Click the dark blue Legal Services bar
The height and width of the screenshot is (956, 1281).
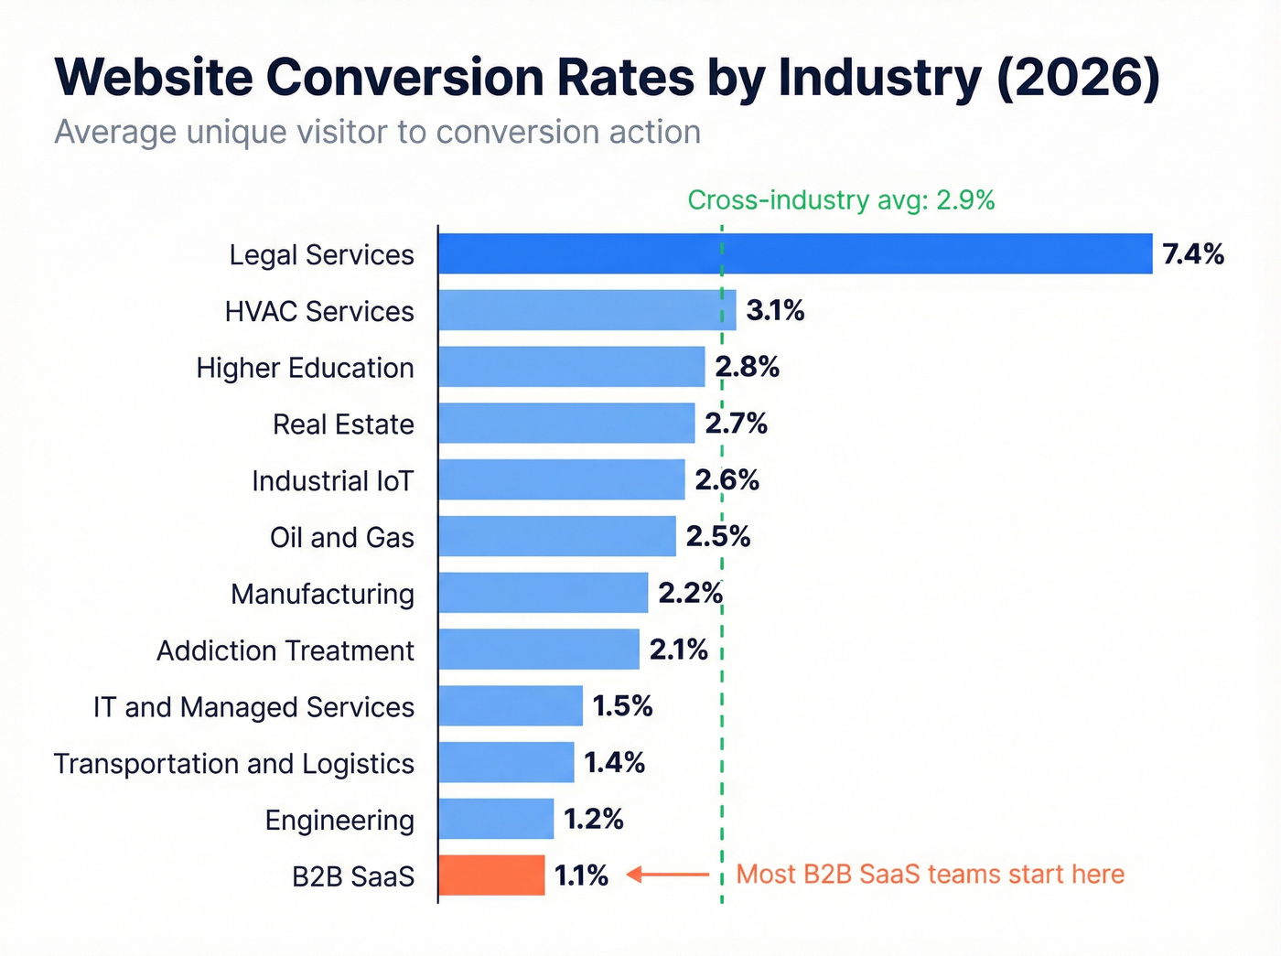(794, 253)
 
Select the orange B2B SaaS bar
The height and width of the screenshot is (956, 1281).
(491, 875)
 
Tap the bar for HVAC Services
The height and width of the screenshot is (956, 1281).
(586, 310)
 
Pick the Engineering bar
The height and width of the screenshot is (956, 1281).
(496, 819)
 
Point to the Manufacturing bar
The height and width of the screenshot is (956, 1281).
(543, 593)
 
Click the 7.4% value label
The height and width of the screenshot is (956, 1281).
(1192, 254)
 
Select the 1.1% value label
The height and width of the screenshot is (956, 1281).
(581, 875)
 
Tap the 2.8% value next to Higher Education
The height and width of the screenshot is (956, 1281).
(747, 367)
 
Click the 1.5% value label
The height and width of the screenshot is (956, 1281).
(622, 705)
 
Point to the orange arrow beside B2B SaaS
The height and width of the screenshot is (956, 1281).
(668, 875)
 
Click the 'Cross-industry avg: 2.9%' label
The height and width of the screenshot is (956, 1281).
(841, 200)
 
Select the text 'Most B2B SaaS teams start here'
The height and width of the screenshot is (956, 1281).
(930, 875)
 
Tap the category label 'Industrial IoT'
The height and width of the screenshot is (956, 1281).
(332, 481)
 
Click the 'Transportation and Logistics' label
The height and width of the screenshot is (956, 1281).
(234, 764)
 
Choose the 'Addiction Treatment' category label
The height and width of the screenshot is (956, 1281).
(285, 650)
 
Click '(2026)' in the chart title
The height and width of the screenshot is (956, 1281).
(1078, 77)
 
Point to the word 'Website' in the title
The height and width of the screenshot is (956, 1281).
(154, 77)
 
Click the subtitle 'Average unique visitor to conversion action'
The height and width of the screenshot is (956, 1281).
(377, 133)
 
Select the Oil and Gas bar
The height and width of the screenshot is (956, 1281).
(556, 536)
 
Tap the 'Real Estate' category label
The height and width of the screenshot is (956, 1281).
(343, 424)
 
